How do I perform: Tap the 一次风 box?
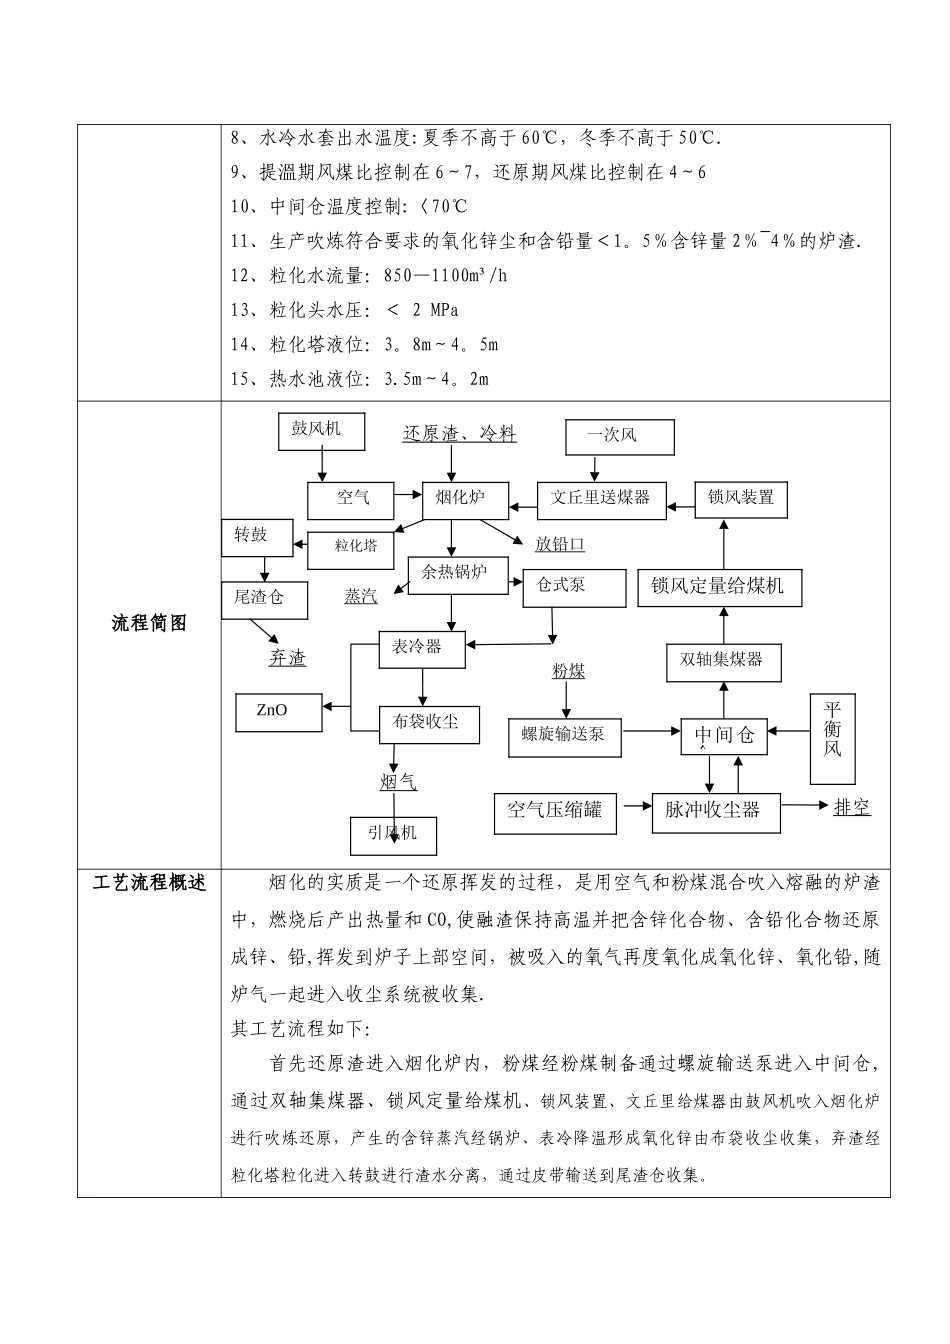tap(619, 436)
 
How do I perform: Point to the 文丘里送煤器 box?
tap(602, 498)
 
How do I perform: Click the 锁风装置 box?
tap(741, 498)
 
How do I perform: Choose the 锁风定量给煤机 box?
tap(717, 587)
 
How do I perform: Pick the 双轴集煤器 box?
tap(723, 661)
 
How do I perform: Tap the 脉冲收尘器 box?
tap(713, 810)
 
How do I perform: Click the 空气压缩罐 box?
tap(555, 811)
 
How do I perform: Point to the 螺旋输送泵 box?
tap(563, 736)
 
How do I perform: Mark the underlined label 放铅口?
tap(560, 545)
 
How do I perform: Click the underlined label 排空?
tap(851, 808)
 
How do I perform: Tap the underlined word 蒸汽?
tap(361, 596)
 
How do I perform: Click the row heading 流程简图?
tap(149, 623)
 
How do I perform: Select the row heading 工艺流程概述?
tap(149, 883)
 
